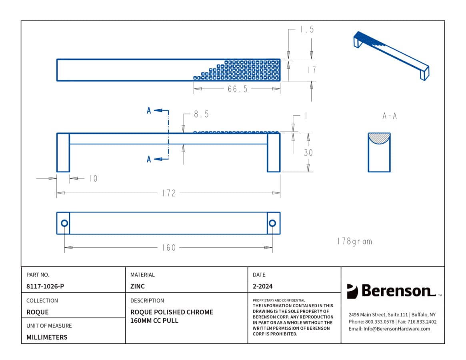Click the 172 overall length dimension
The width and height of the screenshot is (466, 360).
169,193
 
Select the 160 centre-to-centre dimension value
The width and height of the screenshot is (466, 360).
169,248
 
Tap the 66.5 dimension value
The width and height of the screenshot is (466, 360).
238,89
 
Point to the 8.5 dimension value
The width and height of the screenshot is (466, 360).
201,114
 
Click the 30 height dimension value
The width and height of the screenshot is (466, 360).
308,152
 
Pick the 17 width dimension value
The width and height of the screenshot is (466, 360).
312,70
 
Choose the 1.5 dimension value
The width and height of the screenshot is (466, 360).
307,30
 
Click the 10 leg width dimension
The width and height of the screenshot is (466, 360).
93,178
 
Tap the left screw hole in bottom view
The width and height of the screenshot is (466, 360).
64,223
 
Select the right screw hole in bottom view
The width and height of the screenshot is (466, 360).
272,223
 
